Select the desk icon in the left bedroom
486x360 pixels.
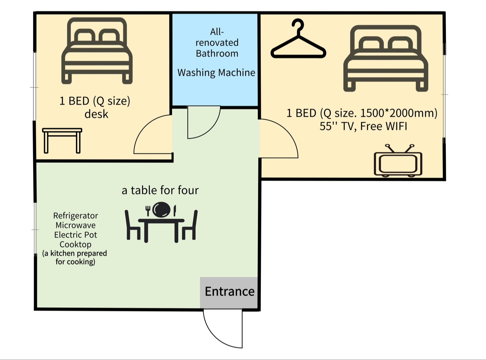[x=62, y=140]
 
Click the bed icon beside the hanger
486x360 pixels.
[x=385, y=58]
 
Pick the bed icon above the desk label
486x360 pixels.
[x=97, y=51]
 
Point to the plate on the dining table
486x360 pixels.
[x=161, y=210]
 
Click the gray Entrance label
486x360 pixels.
[x=230, y=292]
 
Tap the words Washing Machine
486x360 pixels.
[x=216, y=73]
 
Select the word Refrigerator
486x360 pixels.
[x=76, y=216]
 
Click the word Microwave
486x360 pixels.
[x=76, y=225]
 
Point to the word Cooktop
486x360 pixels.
[x=76, y=244]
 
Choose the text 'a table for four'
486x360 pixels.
[x=160, y=190]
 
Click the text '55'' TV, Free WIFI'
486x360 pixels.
[x=363, y=126]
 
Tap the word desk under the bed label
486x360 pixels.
[x=96, y=114]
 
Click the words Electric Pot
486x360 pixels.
[x=76, y=235]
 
